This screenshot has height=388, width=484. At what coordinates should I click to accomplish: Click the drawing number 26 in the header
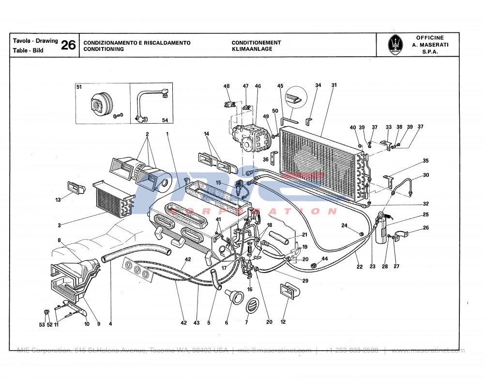pos(68,46)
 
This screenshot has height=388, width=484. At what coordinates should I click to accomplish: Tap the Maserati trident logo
pos(395,45)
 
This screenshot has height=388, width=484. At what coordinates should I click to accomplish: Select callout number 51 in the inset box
pos(79,87)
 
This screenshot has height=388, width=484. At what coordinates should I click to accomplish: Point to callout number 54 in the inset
pos(165,120)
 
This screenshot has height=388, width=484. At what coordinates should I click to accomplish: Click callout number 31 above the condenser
pos(334,85)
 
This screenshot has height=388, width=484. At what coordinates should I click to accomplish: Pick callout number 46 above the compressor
pos(258,86)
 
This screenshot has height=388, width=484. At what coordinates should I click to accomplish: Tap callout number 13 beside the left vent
pos(58,199)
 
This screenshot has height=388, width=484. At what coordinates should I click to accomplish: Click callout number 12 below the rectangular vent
pos(283,322)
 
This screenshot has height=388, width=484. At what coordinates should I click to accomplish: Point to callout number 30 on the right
pos(426,175)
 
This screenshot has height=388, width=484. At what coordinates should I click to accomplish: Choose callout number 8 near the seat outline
pos(59,240)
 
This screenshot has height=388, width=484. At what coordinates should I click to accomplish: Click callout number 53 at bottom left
pos(42,324)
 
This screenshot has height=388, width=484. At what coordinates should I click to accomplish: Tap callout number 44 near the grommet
pos(325,259)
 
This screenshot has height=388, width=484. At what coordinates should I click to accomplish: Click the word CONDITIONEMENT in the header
pos(256,43)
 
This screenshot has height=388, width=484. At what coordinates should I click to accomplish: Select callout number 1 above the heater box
pos(167,133)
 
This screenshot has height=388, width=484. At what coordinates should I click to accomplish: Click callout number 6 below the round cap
pos(227,323)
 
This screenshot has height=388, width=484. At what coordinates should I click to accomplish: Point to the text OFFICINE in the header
pos(430,38)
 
